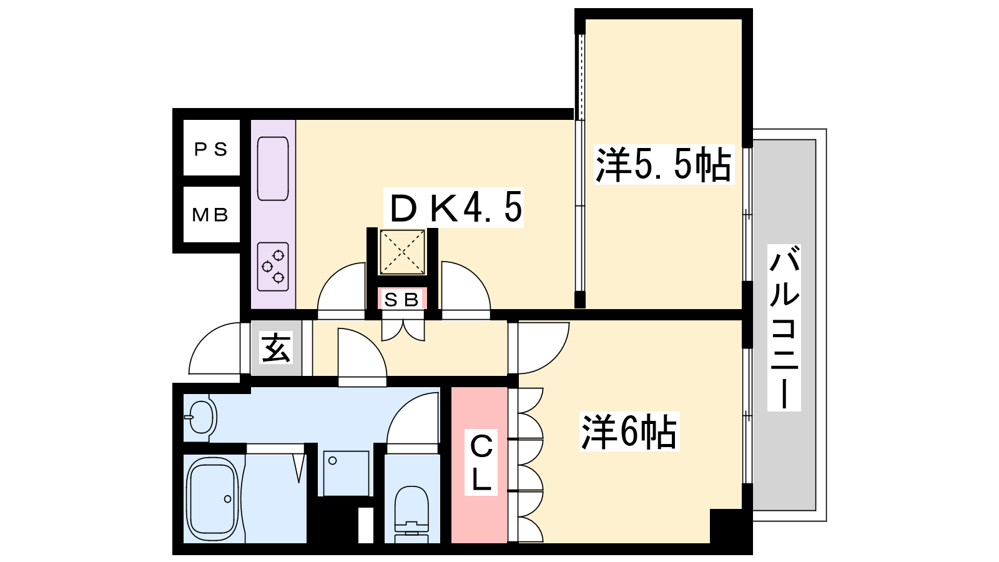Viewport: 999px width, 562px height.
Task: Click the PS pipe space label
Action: coord(211,149)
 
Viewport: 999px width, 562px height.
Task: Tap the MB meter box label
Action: coord(210,215)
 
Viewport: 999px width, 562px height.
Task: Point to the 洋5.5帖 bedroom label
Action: coord(664,164)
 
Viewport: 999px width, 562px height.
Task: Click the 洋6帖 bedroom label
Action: coord(629,431)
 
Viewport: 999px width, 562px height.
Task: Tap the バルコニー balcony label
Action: coord(784,328)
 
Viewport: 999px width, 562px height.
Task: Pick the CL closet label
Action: coord(481,462)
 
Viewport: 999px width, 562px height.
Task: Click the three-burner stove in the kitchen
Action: coord(273,267)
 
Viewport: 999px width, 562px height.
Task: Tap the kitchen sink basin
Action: coord(273,169)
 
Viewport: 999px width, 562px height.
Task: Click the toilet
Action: coord(411,514)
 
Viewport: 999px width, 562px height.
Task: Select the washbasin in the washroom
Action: coord(200,417)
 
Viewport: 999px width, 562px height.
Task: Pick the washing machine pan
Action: coord(346,473)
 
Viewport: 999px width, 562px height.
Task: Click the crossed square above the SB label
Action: coord(402,252)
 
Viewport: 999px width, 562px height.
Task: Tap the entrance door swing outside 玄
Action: coord(215,348)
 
